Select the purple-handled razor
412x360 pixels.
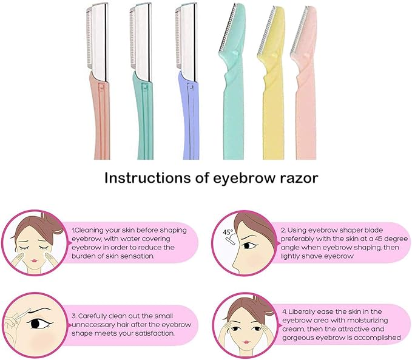[x=188, y=115]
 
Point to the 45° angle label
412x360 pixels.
[x=228, y=232]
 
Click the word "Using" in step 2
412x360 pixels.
[x=301, y=231]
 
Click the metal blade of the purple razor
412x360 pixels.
[x=186, y=39]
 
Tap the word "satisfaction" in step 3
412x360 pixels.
[x=145, y=333]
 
